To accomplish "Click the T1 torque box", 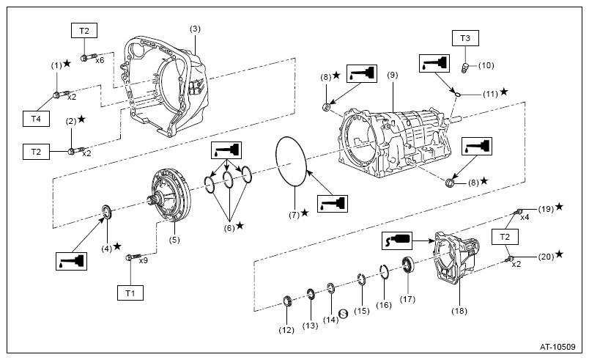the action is pos(130,293).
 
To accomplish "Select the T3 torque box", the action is pos(465,38).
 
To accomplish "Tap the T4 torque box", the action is pos(36,119).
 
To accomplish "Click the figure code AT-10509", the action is pos(557,347).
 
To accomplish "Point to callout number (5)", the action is pos(174,240).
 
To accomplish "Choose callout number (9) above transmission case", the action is pos(392,76).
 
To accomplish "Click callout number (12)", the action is pos(286,330).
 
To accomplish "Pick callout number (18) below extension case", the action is pos(459,311).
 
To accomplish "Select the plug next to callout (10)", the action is pos(465,68).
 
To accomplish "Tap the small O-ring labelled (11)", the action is pos(457,93).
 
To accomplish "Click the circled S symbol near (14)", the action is pos(344,314).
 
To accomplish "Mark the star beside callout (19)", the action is pos(559,207).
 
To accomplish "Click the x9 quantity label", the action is pos(143,260).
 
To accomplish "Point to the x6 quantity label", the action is pos(100,60).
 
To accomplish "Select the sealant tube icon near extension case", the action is pos(397,240).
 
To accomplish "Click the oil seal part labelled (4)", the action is pos(107,212).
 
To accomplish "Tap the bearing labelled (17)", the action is pos(408,265).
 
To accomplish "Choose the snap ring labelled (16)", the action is pos(384,272).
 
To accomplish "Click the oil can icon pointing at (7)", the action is pos(333,204).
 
